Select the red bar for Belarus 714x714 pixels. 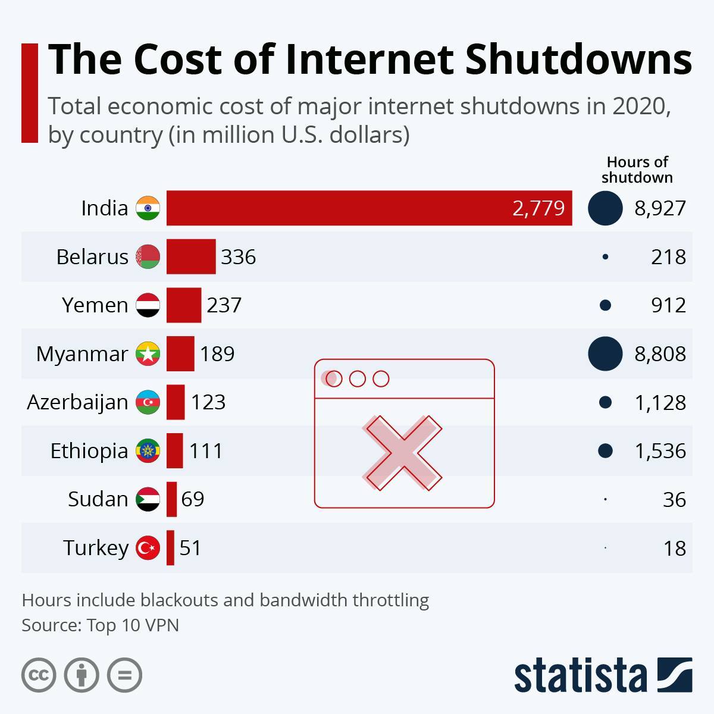click(191, 256)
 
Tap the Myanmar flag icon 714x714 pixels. click(148, 353)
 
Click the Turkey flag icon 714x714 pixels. click(148, 547)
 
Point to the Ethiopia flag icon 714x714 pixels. click(148, 450)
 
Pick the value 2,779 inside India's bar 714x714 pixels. click(538, 208)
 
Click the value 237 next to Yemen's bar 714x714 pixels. click(224, 305)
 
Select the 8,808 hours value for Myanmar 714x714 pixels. click(660, 354)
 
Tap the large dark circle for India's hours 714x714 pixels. click(605, 208)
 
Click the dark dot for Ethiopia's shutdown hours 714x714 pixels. click(605, 450)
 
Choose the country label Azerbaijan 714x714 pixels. click(77, 402)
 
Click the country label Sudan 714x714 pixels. click(98, 499)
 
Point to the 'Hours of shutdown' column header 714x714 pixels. click(637, 170)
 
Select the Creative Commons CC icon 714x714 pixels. click(39, 675)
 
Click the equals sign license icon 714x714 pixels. click(124, 675)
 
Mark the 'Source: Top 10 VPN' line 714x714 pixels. click(100, 625)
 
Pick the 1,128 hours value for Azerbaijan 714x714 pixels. click(660, 403)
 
